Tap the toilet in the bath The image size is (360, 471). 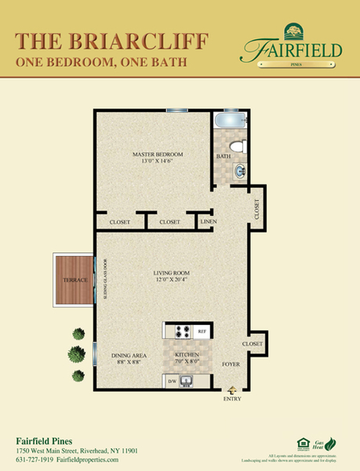[242, 146]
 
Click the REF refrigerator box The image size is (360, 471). [202, 331]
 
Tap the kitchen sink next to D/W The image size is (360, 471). [187, 382]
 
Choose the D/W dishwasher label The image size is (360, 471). [172, 382]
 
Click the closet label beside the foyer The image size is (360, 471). [252, 344]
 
